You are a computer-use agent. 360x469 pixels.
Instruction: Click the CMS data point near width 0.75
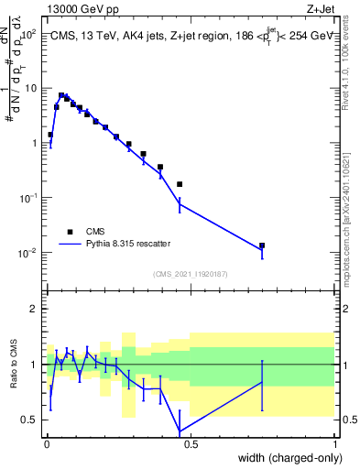(x=262, y=245)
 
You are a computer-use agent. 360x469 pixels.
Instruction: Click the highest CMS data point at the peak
(x=61, y=95)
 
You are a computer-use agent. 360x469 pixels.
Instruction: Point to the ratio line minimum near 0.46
(x=180, y=431)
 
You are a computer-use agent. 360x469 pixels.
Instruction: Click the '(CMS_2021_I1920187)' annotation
(x=191, y=273)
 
